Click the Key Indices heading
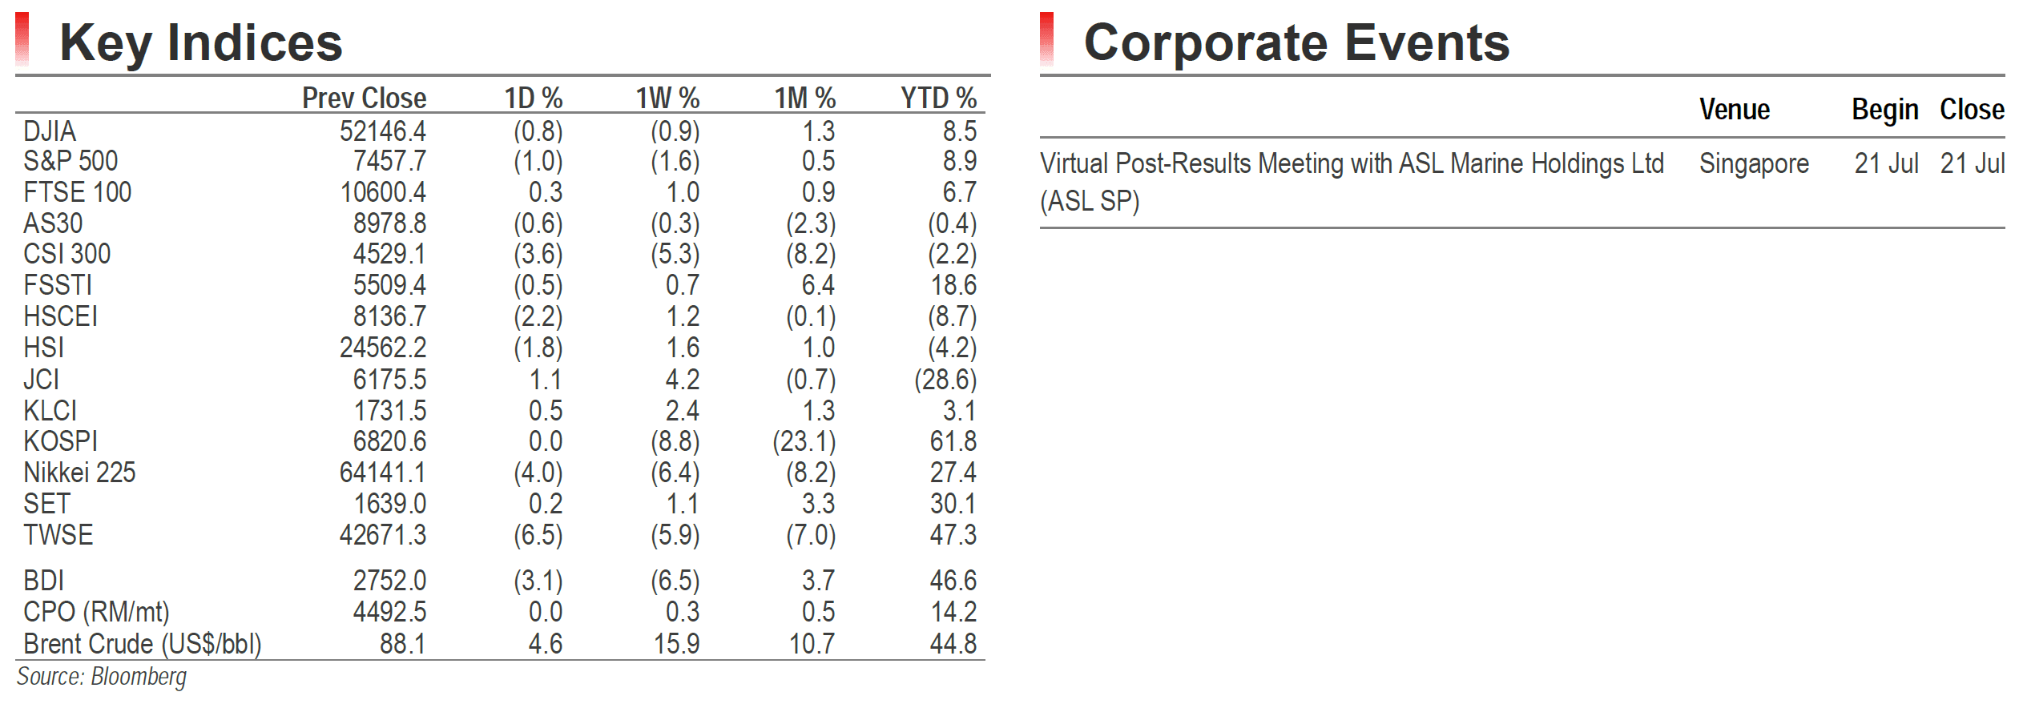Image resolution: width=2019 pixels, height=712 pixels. (x=201, y=42)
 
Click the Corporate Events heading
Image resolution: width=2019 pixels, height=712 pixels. (x=1296, y=42)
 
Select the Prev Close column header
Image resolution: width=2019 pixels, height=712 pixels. (x=364, y=98)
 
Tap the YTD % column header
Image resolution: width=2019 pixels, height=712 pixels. (x=938, y=98)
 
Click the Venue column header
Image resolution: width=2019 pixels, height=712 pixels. (x=1735, y=109)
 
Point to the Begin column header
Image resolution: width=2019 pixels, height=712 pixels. (x=1884, y=110)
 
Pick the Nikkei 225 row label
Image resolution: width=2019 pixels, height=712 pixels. (x=79, y=473)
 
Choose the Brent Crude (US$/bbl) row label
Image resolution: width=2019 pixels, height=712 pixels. (x=143, y=644)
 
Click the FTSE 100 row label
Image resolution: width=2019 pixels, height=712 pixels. (x=77, y=192)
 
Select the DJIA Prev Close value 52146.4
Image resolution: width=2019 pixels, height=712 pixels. (x=383, y=131)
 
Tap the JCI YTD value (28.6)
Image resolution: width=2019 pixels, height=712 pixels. (x=945, y=380)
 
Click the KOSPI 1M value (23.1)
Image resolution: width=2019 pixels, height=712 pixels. (x=804, y=441)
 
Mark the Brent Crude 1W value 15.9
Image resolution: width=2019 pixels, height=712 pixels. (x=677, y=644)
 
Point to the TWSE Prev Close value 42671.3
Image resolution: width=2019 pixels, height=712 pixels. (x=383, y=534)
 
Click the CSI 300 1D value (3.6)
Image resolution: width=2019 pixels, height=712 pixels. (x=538, y=255)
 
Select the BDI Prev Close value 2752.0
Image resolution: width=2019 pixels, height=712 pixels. (x=390, y=581)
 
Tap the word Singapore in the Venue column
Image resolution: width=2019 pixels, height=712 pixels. (x=1754, y=164)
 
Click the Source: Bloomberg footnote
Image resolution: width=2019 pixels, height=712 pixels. (x=102, y=678)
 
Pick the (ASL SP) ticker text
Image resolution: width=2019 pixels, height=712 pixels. (x=1090, y=201)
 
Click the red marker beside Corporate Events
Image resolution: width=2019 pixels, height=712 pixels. (x=1046, y=39)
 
